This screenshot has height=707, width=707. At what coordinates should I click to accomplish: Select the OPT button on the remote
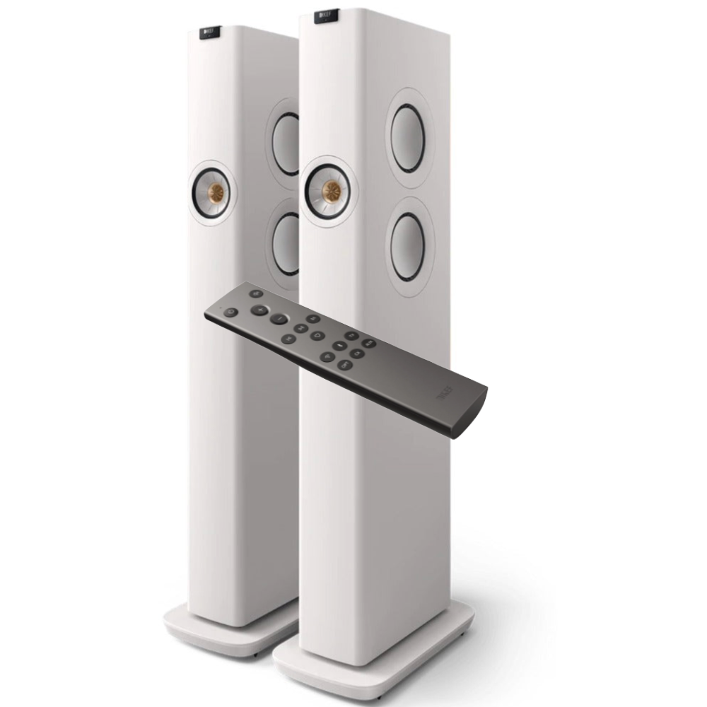point(345,364)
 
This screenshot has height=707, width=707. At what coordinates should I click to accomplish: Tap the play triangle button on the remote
point(318,335)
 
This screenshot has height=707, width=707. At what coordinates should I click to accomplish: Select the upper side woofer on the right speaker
point(408,138)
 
